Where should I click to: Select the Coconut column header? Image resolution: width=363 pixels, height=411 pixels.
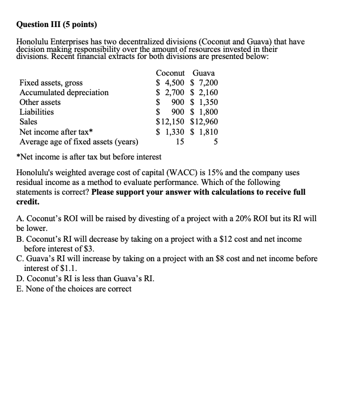[x=170, y=73]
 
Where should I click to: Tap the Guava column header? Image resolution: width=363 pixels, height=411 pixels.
[x=203, y=73]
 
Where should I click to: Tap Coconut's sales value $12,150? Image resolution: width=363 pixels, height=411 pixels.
[x=170, y=122]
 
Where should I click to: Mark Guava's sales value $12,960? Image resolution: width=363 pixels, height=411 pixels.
[x=204, y=122]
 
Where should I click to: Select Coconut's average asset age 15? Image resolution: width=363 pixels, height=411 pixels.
[x=180, y=142]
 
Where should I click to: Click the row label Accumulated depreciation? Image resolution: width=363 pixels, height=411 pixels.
[x=64, y=92]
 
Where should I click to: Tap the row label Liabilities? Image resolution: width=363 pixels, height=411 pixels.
[x=36, y=112]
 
